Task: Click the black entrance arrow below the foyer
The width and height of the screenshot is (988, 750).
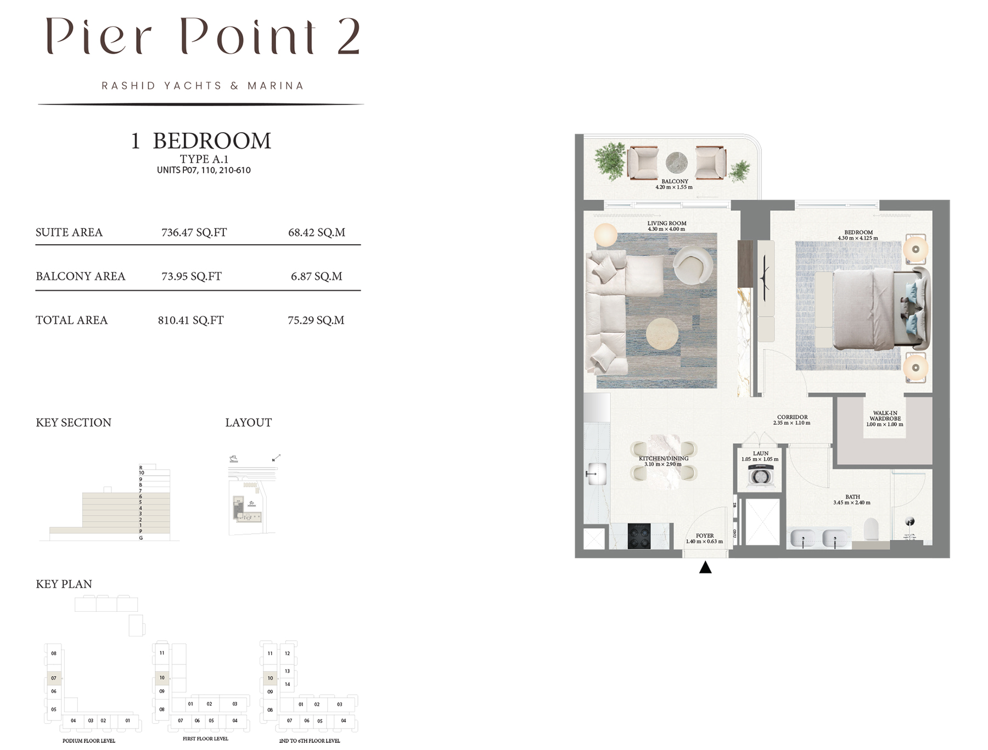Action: [705, 567]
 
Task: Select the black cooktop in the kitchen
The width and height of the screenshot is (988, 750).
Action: [639, 536]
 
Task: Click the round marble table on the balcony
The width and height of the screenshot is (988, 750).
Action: [676, 163]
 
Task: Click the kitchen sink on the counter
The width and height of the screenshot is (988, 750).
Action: [596, 473]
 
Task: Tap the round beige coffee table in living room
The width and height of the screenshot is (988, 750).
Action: [662, 334]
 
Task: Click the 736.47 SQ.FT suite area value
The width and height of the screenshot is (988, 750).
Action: [194, 233]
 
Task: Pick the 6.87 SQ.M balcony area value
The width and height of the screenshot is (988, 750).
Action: [316, 277]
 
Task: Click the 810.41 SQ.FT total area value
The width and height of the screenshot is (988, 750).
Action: [190, 320]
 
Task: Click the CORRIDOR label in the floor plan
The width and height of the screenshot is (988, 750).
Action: [792, 417]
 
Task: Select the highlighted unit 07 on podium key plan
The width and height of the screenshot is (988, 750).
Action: [54, 678]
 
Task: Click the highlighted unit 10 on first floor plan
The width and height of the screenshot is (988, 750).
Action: [162, 678]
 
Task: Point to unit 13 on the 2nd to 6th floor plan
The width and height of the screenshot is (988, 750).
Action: [287, 671]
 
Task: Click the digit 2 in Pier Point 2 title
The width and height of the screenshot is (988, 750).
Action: [348, 36]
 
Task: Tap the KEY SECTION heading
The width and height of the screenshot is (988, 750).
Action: [74, 422]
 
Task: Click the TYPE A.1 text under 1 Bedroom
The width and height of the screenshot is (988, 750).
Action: [204, 159]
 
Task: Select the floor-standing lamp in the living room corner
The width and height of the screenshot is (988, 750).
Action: [605, 235]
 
